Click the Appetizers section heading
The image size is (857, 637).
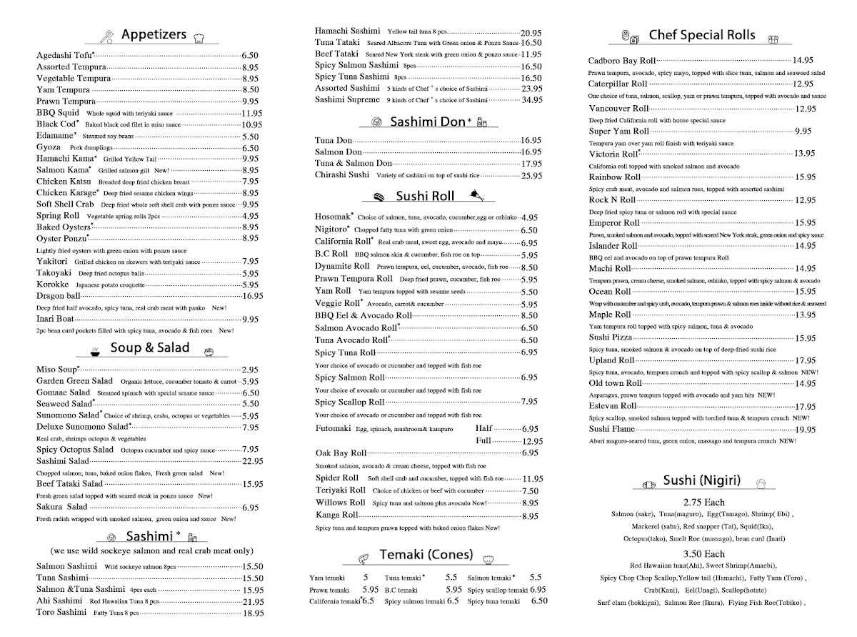(154, 34)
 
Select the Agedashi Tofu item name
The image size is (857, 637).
(64, 55)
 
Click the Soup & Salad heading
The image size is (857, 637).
(150, 348)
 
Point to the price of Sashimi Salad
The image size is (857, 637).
(250, 461)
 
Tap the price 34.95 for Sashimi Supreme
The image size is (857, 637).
(531, 100)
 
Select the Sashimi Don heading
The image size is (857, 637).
(428, 122)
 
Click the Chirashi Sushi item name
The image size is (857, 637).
(342, 175)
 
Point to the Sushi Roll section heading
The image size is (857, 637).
(425, 196)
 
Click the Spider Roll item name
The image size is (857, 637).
(337, 478)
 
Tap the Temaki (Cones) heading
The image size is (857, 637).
(426, 555)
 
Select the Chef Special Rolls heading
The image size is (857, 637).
(698, 35)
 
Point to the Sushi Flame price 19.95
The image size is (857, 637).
(806, 430)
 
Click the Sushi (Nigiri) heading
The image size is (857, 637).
(701, 481)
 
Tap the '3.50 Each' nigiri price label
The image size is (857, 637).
(703, 554)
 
